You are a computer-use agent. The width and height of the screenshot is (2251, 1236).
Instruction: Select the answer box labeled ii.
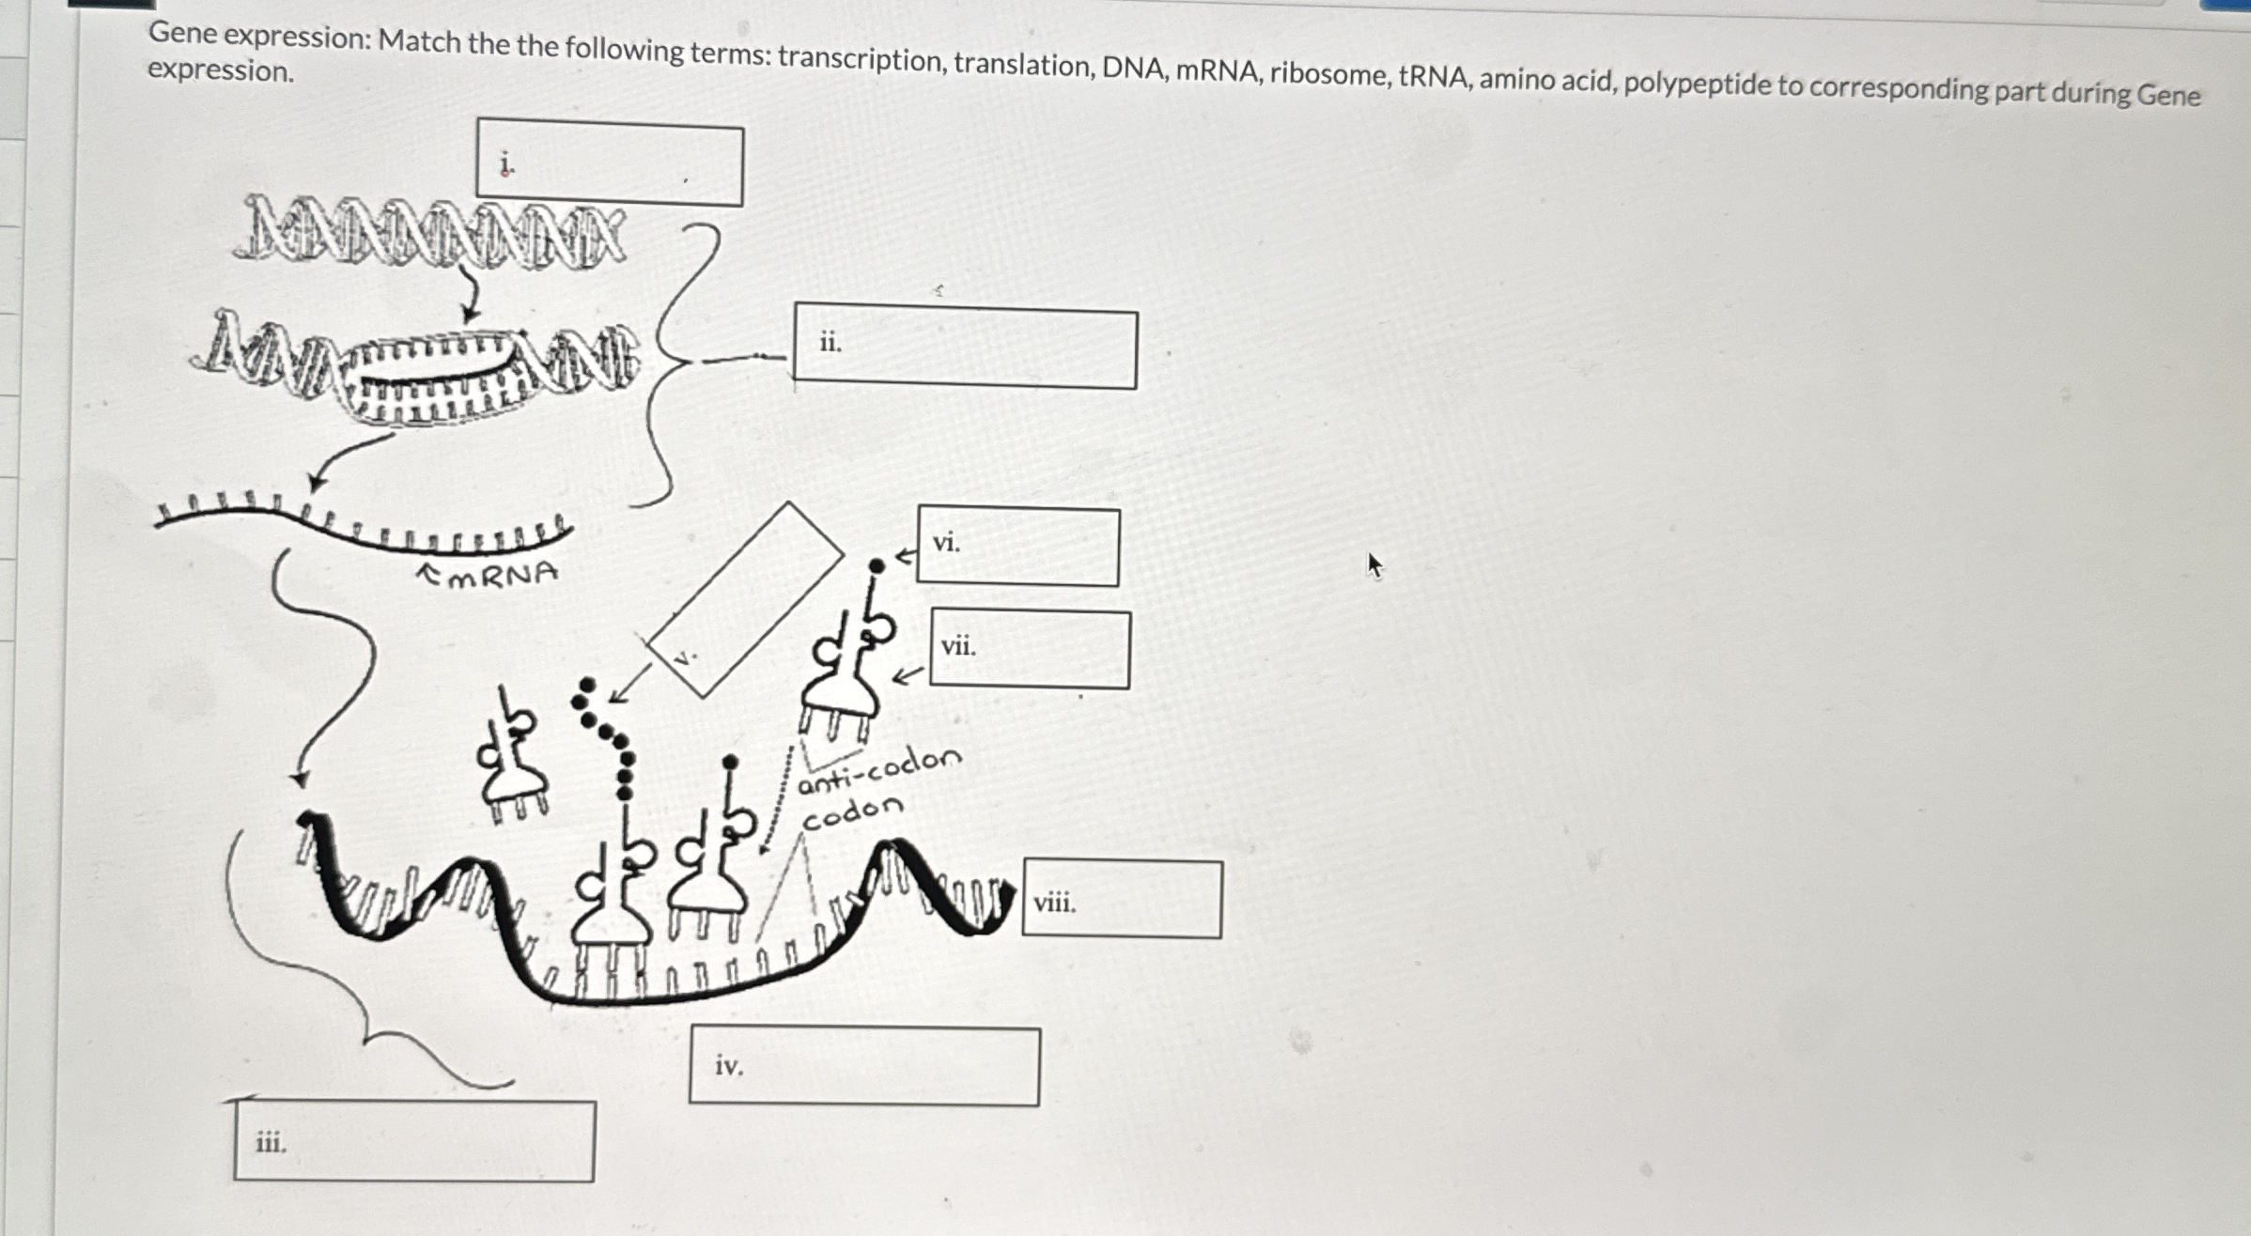click(x=965, y=347)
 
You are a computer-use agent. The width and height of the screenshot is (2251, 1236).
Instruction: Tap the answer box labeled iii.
click(x=413, y=1141)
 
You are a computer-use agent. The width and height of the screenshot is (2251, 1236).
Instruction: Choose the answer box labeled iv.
click(x=863, y=1067)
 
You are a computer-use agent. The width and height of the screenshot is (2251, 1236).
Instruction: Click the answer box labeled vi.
click(x=1017, y=547)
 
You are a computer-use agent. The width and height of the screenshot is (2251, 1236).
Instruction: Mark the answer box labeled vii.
click(x=1030, y=649)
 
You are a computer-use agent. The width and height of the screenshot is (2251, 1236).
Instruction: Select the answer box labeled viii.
click(x=1122, y=900)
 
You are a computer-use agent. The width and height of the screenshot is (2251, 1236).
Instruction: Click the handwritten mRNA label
click(x=501, y=574)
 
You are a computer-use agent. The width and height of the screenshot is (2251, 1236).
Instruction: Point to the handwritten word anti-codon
click(x=879, y=770)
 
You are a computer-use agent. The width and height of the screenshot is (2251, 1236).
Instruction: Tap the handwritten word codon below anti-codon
click(x=852, y=812)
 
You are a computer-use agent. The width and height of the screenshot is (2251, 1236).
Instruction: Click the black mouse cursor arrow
click(x=1374, y=565)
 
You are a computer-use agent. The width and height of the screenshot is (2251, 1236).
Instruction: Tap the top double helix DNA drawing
click(x=429, y=234)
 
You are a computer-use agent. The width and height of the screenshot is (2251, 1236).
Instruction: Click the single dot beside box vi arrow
click(x=876, y=565)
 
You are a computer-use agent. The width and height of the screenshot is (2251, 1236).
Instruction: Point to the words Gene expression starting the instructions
click(x=259, y=36)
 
